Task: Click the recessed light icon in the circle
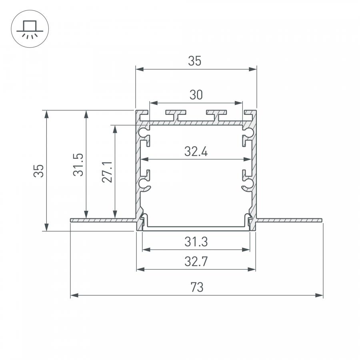pos(30,29)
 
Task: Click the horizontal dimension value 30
pos(196,95)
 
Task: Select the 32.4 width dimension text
pos(196,152)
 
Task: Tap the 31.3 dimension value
pos(196,242)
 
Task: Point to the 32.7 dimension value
pos(196,262)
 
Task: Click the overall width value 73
pos(197,287)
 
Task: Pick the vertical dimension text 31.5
pos(78,165)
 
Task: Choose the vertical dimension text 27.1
pos(107,172)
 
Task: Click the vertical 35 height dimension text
pos(38,171)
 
